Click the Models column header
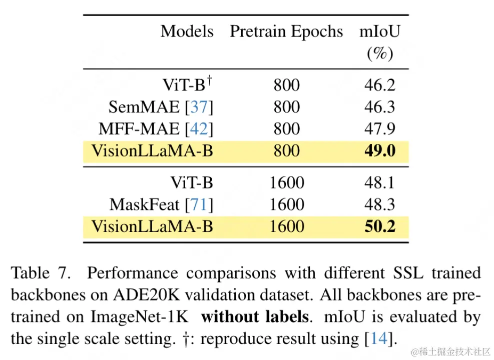point(187,31)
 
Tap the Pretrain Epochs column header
point(286,31)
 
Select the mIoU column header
point(379,31)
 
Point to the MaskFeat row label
point(145,204)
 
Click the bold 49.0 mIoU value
point(379,151)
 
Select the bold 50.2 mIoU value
point(379,226)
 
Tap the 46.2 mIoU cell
point(379,85)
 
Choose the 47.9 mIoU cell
point(379,129)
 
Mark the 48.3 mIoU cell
point(379,204)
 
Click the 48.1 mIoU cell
point(379,182)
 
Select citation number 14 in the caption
point(379,338)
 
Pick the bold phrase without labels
point(254,317)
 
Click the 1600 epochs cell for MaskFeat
point(286,204)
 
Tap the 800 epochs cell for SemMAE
point(286,107)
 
